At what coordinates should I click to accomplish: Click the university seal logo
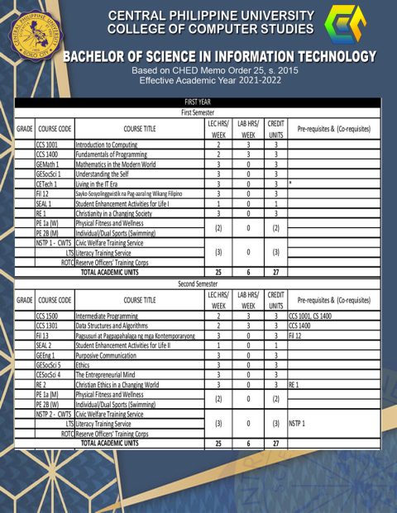click(32, 32)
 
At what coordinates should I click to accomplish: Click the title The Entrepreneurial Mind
click(108, 375)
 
